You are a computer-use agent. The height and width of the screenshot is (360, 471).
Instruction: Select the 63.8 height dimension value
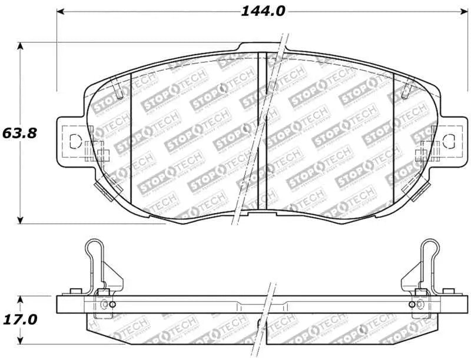click(19, 133)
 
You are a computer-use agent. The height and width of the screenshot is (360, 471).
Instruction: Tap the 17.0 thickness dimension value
click(19, 319)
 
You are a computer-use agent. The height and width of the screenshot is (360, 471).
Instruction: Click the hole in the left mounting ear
click(75, 141)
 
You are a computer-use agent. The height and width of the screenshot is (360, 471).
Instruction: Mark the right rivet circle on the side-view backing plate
click(410, 304)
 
